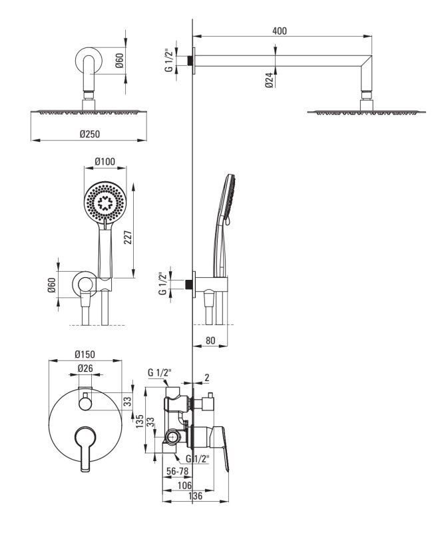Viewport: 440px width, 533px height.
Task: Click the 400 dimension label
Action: [x=280, y=31]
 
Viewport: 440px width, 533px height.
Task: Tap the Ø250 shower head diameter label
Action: [x=90, y=134]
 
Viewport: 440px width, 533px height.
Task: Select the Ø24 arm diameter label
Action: [x=270, y=80]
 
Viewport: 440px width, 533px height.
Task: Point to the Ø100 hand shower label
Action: [x=105, y=161]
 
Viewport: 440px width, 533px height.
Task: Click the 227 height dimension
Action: [x=128, y=237]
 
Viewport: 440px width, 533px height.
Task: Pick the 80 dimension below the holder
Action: [x=210, y=340]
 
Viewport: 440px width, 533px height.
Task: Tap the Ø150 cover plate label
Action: [x=85, y=354]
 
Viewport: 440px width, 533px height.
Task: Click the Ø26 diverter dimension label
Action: [x=85, y=368]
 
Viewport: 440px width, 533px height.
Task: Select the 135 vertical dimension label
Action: [x=140, y=421]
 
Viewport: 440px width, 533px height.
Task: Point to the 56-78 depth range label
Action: [x=177, y=471]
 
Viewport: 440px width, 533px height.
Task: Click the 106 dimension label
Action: [x=184, y=485]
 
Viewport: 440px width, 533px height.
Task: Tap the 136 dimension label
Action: [x=195, y=496]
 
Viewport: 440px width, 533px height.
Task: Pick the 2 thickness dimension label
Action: [x=207, y=377]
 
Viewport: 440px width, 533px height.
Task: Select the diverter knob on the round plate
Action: [x=85, y=403]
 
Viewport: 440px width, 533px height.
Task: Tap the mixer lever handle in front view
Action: [x=85, y=448]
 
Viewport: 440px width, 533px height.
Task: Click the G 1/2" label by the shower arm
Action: [x=168, y=61]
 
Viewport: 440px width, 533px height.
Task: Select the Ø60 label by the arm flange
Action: [x=119, y=61]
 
